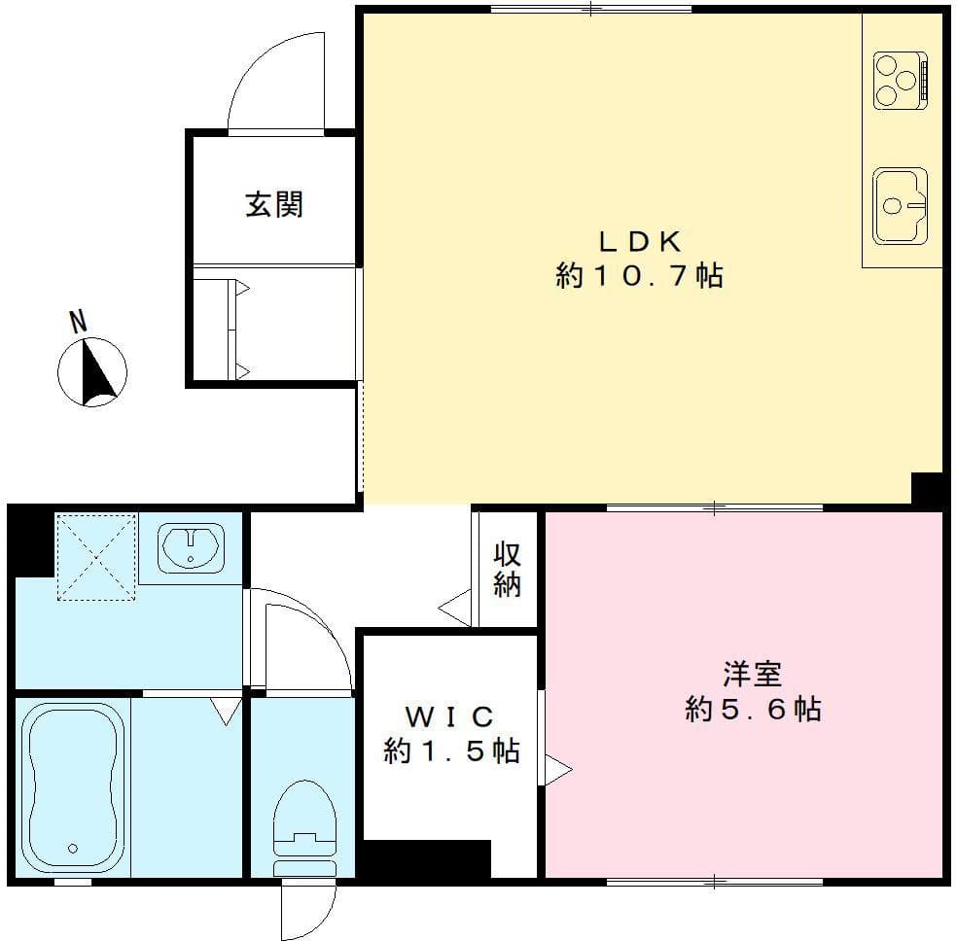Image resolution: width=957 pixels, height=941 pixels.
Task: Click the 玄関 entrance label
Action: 273,205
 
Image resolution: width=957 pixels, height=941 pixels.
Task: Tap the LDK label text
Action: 639,239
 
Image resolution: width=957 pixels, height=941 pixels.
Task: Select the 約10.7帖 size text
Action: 639,277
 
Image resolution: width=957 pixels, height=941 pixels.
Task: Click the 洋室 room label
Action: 753,672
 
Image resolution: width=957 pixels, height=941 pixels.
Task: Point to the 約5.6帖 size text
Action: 753,710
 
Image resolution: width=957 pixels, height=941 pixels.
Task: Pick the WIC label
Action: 449,716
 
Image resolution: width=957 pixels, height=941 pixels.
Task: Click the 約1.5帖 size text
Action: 449,751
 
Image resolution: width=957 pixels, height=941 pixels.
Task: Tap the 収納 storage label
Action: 507,569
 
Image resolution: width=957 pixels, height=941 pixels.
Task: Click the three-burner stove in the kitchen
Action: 901,80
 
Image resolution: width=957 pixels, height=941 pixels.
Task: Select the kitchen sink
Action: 900,205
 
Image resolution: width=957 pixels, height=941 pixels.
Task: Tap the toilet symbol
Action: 304,827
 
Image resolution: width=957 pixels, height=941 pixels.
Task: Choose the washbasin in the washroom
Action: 191,546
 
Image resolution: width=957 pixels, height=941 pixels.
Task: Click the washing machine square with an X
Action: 95,557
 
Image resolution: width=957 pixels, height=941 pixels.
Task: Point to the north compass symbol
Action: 92,371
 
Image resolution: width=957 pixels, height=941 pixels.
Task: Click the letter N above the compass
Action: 78,321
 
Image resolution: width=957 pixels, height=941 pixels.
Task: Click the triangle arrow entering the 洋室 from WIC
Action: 557,770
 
